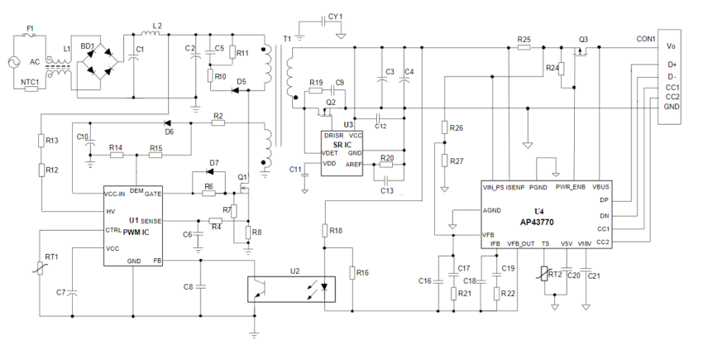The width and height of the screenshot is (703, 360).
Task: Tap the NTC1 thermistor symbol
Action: (x=31, y=89)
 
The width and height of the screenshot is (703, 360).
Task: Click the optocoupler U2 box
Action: (x=289, y=288)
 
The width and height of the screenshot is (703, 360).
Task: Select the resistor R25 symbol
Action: (x=524, y=48)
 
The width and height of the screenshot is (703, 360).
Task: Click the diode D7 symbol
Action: (x=213, y=173)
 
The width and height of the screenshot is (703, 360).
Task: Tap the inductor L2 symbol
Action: (x=155, y=35)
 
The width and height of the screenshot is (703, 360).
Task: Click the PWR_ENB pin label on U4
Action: (x=571, y=187)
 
